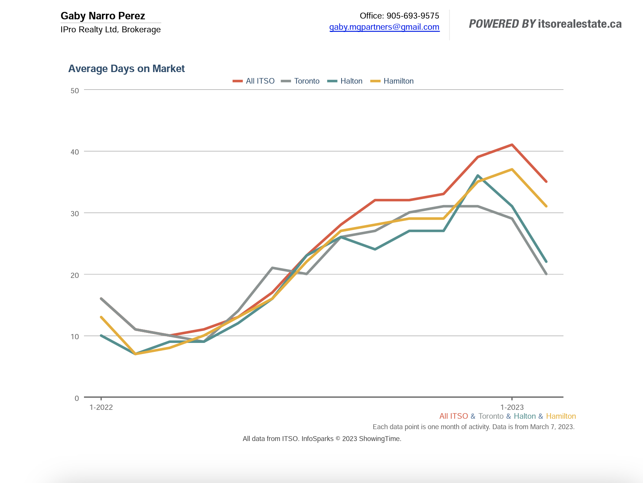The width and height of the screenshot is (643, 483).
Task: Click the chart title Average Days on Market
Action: tap(126, 69)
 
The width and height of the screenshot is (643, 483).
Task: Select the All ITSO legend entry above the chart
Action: tap(260, 81)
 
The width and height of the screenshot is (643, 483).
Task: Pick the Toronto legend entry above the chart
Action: tap(306, 81)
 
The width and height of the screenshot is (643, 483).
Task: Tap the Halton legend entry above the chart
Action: tap(351, 81)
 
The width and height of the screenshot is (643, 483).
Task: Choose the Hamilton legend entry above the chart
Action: tap(398, 81)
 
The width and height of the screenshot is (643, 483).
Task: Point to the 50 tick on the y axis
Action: tap(75, 91)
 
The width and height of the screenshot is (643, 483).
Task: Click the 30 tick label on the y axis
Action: tap(75, 214)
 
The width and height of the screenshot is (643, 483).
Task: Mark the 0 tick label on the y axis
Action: tap(77, 398)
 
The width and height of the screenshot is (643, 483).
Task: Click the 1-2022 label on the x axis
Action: tap(101, 407)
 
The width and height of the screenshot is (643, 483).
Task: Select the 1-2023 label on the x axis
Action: tap(512, 407)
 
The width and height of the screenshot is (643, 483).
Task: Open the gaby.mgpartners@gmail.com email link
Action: tap(384, 27)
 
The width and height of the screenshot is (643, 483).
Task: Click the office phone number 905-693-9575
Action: tap(413, 16)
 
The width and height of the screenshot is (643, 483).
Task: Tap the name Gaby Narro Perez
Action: tap(103, 16)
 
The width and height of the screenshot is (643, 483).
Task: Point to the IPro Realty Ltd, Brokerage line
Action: tap(111, 30)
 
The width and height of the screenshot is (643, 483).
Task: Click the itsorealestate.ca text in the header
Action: tap(579, 24)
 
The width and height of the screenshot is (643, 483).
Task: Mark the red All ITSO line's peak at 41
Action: tap(512, 145)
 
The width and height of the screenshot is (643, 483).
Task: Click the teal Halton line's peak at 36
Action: tap(478, 176)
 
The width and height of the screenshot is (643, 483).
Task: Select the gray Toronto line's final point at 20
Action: tap(546, 274)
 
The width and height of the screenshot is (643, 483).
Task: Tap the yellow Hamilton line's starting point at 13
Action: tap(101, 317)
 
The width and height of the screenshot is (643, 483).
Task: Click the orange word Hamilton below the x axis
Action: tap(561, 416)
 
